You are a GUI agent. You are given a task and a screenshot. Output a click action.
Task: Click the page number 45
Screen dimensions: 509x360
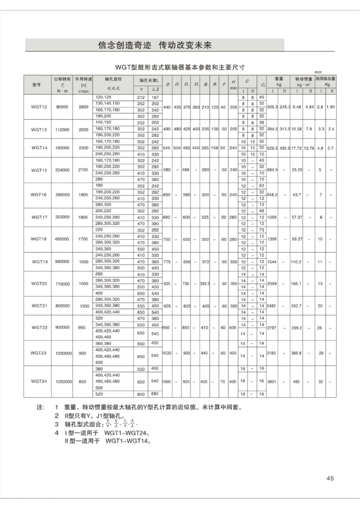[x=330, y=478]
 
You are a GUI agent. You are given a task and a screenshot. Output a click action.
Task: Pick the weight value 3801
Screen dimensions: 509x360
[x=272, y=382]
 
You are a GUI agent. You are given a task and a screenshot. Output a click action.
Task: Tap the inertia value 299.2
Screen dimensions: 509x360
[x=297, y=328]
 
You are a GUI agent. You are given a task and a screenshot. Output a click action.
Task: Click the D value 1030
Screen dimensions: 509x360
[x=166, y=353]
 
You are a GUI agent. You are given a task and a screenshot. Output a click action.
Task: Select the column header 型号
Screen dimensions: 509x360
[x=37, y=84]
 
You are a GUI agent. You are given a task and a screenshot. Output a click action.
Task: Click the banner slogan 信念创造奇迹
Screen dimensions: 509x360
[x=122, y=45]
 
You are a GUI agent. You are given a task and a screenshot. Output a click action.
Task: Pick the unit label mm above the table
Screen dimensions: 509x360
[x=319, y=73]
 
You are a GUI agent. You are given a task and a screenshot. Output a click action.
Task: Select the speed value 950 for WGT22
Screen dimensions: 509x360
[x=82, y=328]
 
